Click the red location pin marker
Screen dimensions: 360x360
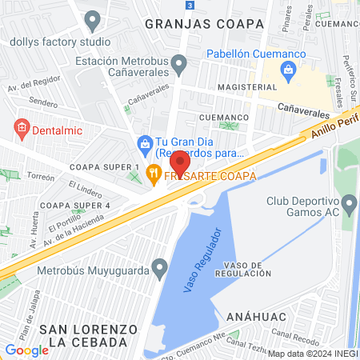(x=179, y=164)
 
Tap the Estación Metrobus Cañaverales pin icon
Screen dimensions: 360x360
(x=179, y=62)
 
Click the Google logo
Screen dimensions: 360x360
(x=27, y=350)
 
